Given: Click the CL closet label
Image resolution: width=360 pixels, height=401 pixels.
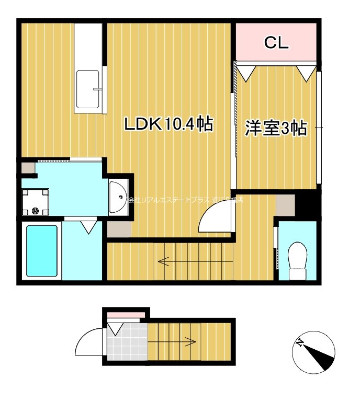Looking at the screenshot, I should point(276,43).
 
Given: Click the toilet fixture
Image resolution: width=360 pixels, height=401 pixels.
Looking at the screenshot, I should point(298,255).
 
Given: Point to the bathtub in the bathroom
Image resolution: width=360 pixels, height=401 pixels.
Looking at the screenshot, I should point(41,251).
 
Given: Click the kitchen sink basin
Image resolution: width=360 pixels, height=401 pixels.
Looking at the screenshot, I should point(89,89).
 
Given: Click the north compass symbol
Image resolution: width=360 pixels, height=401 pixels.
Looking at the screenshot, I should point(313,353).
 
